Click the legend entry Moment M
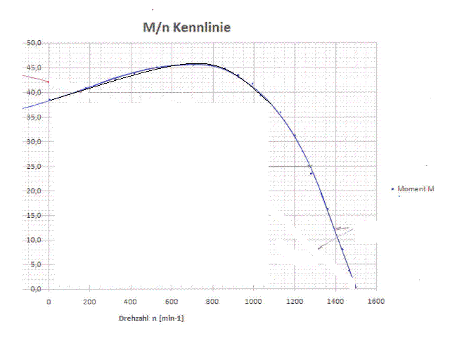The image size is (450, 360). [x=416, y=189]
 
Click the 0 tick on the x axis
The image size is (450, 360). [x=49, y=302]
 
